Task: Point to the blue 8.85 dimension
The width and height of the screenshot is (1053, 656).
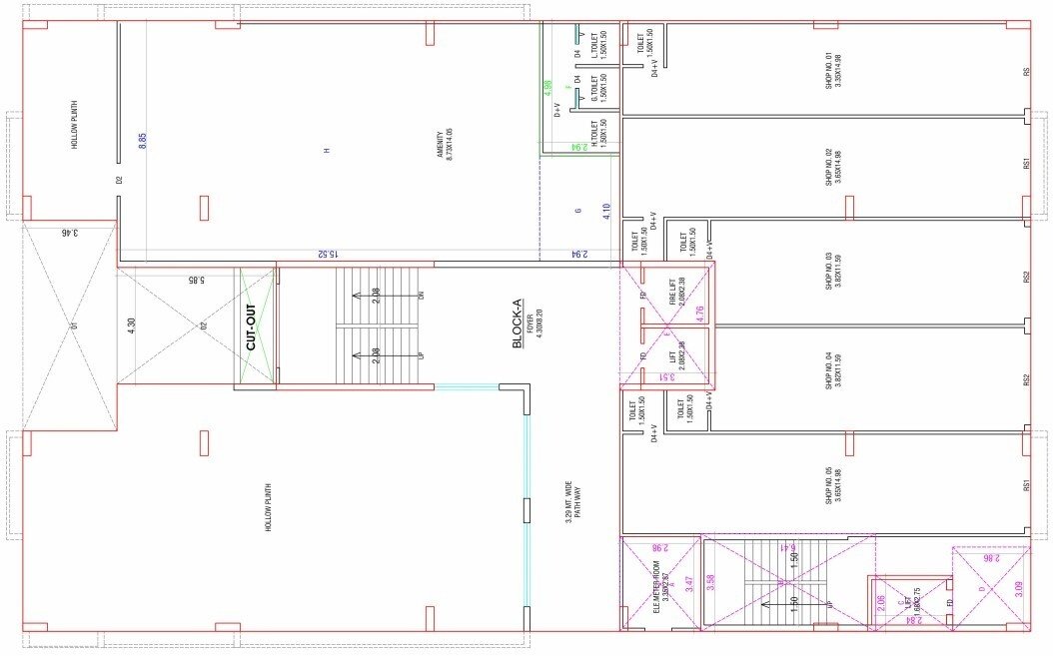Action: [143, 141]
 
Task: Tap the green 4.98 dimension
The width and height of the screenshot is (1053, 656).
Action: [547, 88]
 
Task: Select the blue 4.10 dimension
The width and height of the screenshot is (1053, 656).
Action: [606, 212]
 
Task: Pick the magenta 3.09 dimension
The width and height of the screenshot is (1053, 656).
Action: [1019, 589]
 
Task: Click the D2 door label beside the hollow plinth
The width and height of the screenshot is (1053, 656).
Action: [118, 180]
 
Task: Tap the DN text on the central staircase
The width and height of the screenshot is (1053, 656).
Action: [422, 296]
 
